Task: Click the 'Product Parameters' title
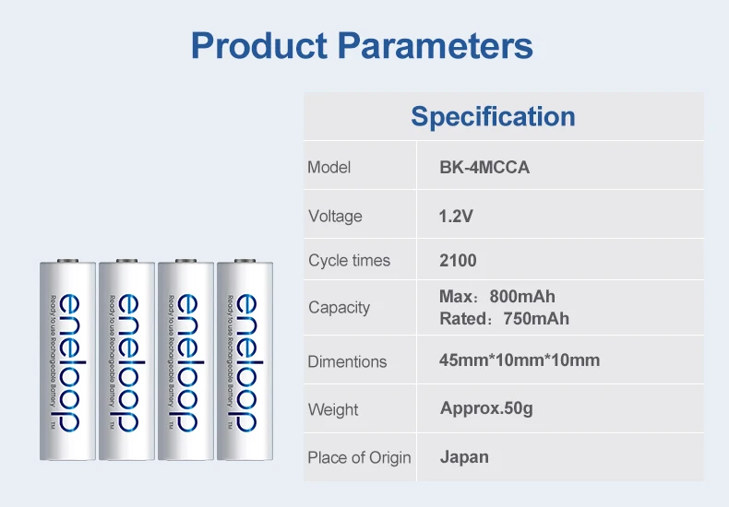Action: (x=362, y=45)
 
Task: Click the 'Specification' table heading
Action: (x=493, y=117)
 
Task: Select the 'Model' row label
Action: (x=329, y=168)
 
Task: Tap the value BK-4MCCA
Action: (x=484, y=168)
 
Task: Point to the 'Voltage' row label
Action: (x=335, y=217)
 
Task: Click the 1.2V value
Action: (x=456, y=217)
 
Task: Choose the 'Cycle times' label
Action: (x=349, y=261)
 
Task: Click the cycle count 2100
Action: (x=458, y=261)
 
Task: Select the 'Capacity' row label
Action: (x=339, y=308)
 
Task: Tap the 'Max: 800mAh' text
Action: (x=497, y=297)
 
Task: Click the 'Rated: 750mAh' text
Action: (x=504, y=319)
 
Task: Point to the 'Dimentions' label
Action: (x=347, y=361)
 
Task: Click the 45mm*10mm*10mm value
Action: (x=520, y=360)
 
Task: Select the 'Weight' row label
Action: (x=333, y=409)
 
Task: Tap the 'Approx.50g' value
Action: (x=486, y=407)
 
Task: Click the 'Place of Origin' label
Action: (x=359, y=457)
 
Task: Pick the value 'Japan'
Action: (x=464, y=456)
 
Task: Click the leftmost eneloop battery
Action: (x=67, y=360)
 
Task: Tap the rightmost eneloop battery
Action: (x=245, y=360)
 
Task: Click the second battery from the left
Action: (x=126, y=360)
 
